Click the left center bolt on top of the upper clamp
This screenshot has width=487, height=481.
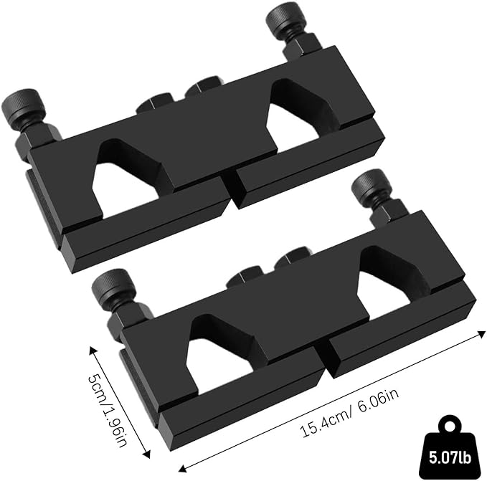pyautogui.click(x=155, y=103)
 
